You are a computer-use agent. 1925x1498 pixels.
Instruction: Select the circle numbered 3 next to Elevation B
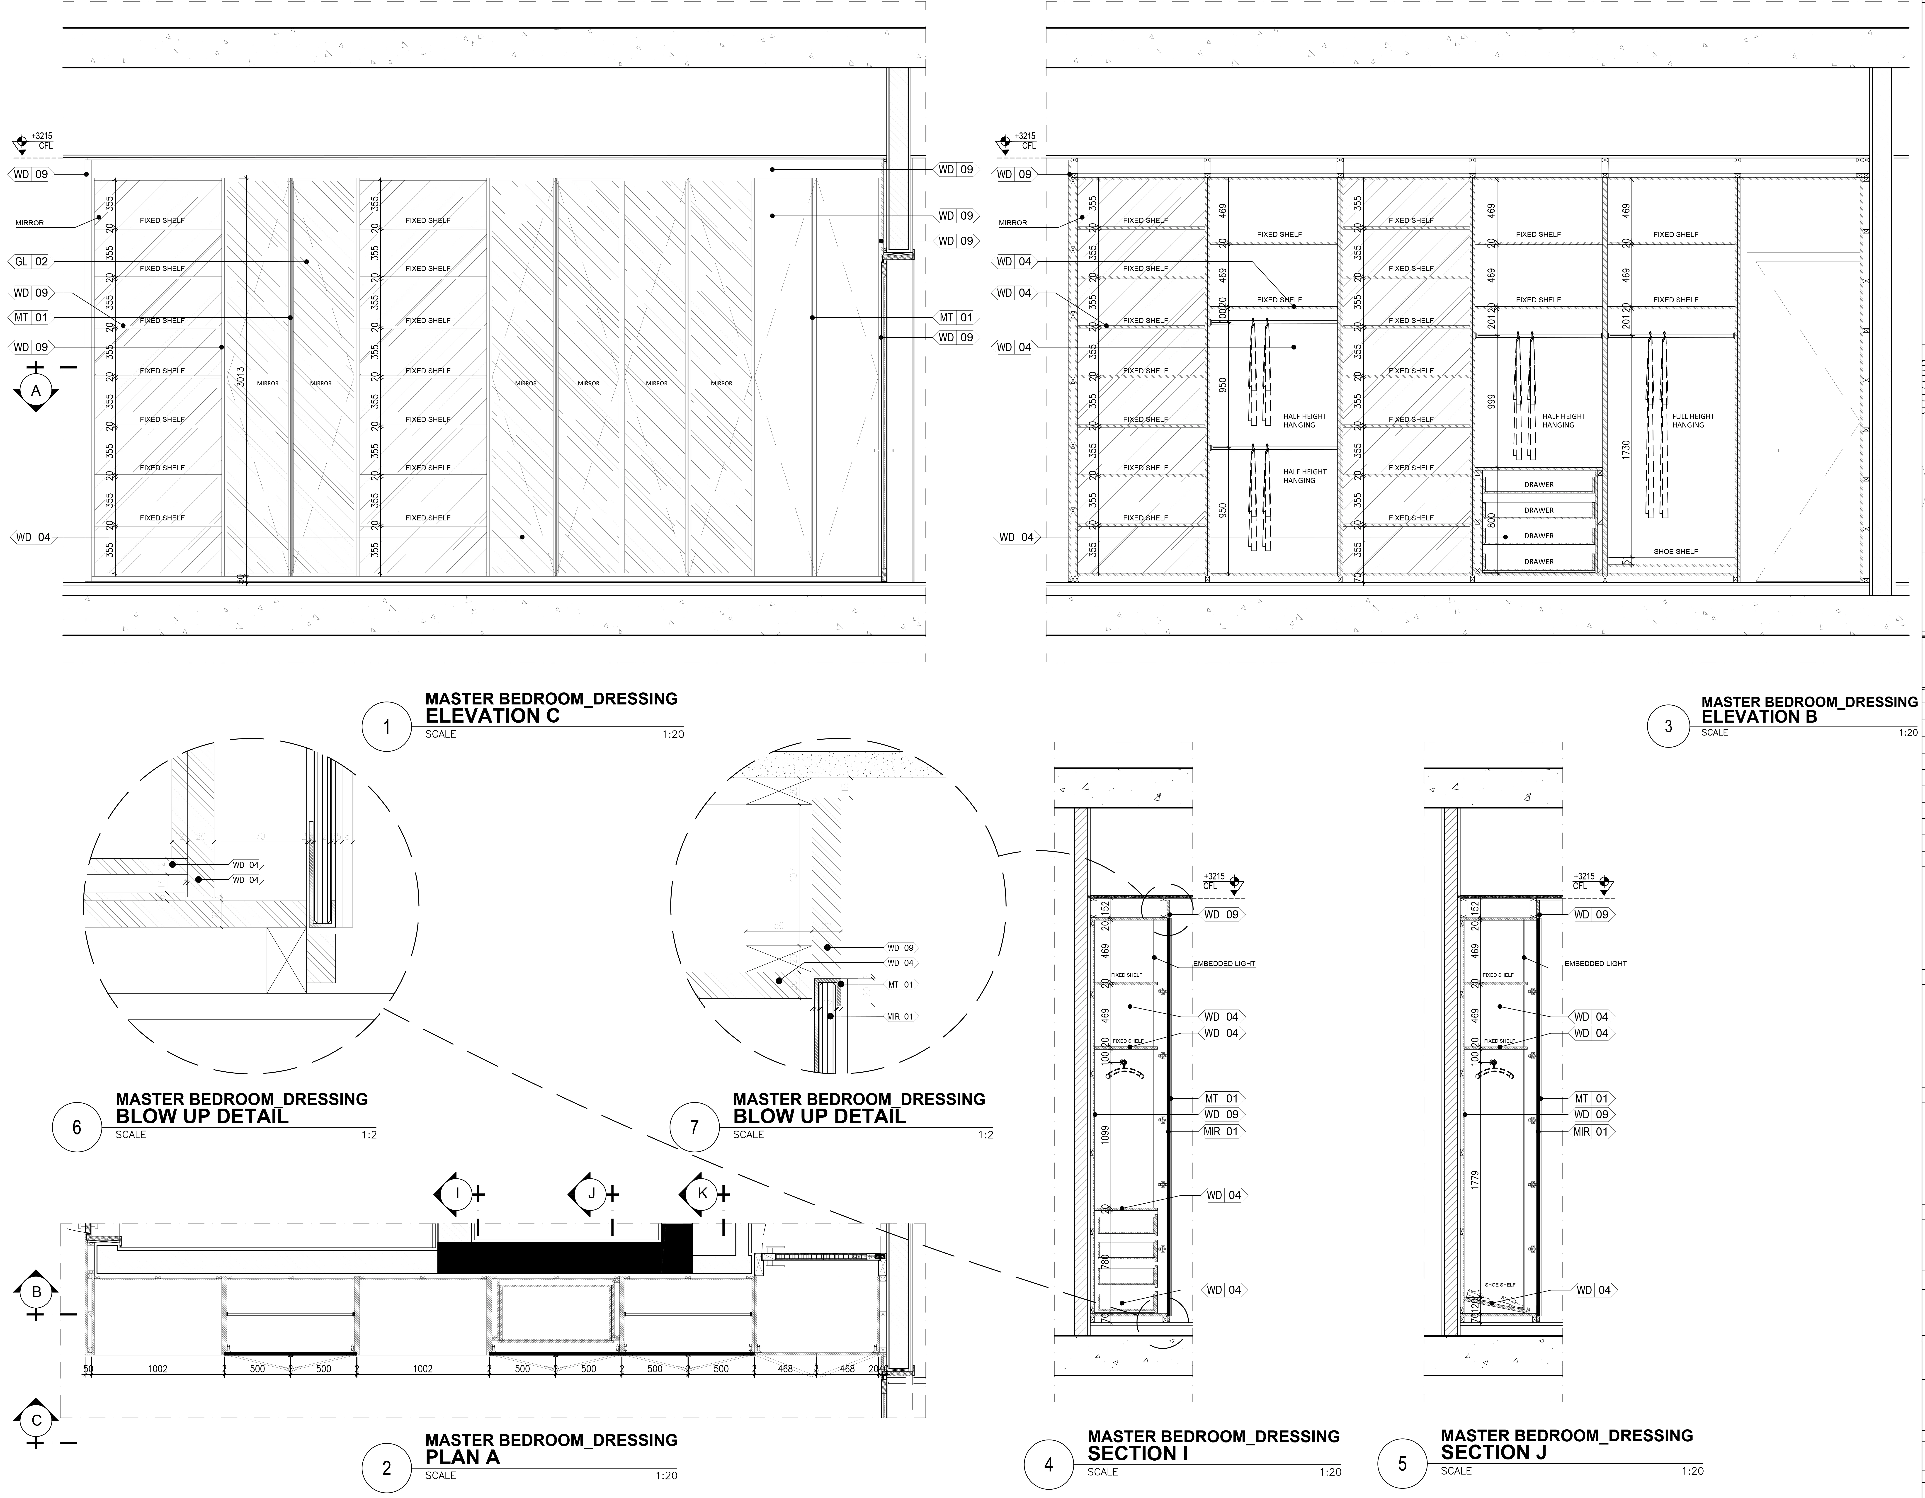click(1668, 726)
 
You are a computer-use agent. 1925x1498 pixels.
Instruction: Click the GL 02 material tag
click(32, 262)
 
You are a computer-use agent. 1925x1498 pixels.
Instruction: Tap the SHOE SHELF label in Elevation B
click(1675, 552)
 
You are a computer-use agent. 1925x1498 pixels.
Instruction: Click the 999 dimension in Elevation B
click(1491, 401)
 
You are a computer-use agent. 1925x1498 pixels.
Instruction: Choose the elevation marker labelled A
click(35, 390)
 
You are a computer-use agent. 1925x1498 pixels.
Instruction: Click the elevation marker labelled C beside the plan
click(36, 1420)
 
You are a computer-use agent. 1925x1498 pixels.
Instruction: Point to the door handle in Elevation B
click(1768, 450)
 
